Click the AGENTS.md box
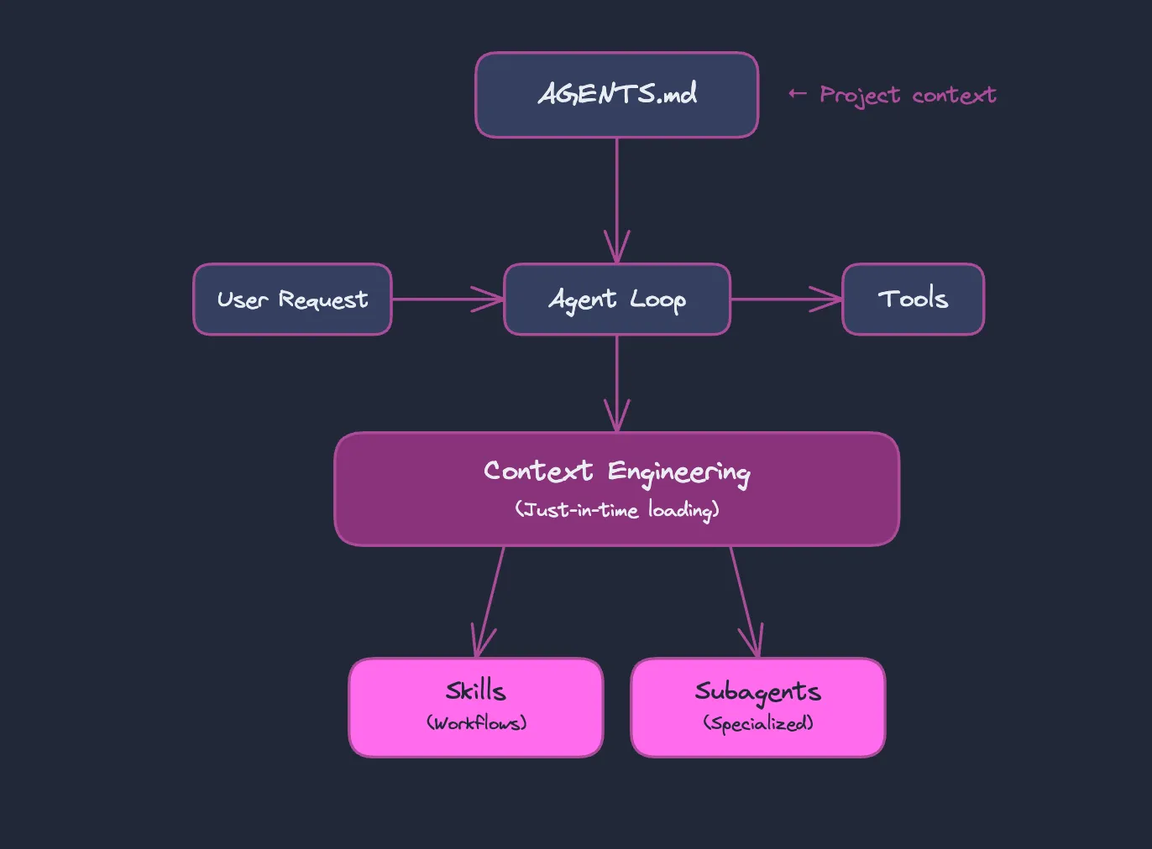(x=616, y=95)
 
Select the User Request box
(x=292, y=299)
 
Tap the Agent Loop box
(x=616, y=299)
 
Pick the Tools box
(x=913, y=299)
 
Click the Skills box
(x=476, y=707)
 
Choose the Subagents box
(x=757, y=707)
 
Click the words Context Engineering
(x=616, y=472)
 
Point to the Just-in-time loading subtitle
(x=616, y=510)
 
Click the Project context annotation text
(x=908, y=95)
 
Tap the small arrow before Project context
(x=797, y=94)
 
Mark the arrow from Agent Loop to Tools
(x=785, y=299)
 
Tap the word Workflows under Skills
(x=476, y=723)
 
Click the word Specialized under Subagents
(x=757, y=723)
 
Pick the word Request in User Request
(x=323, y=300)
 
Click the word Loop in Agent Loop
(x=658, y=300)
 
